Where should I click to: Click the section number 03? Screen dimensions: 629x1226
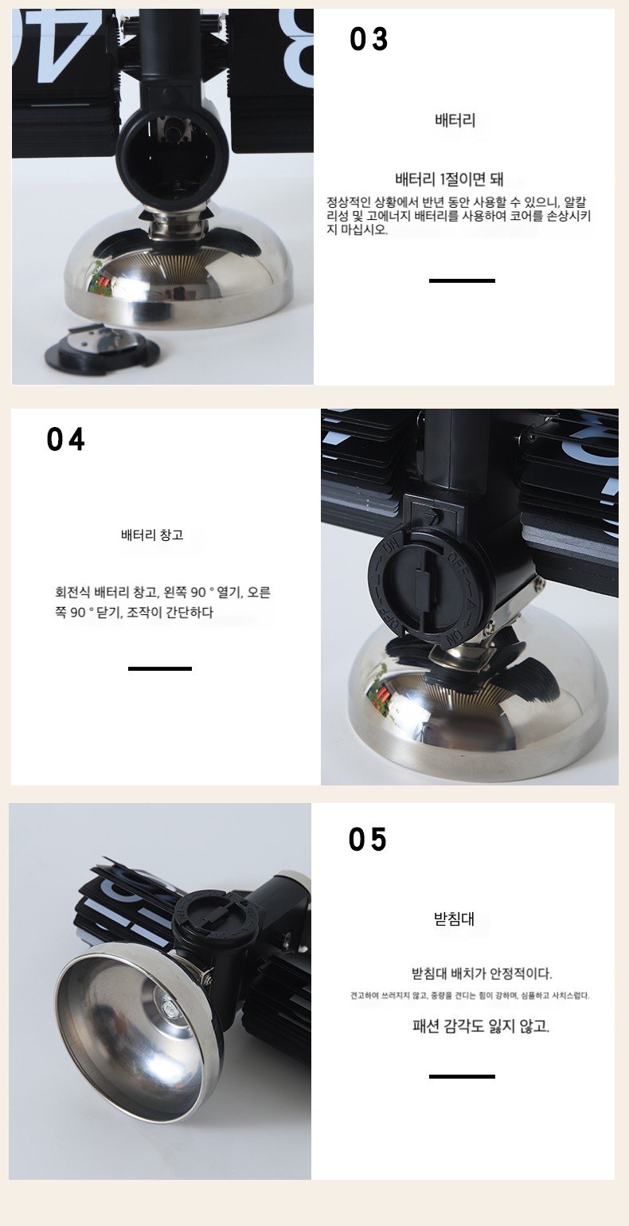point(369,39)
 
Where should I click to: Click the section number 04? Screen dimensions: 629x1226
point(65,440)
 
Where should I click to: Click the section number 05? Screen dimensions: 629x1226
point(368,840)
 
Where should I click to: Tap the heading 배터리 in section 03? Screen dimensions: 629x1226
point(455,119)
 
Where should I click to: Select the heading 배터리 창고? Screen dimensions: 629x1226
point(152,535)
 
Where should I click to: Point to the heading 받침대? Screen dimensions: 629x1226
point(454,919)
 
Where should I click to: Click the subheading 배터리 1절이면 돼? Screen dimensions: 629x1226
point(449,179)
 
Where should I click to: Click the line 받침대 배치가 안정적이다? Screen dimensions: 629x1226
point(482,973)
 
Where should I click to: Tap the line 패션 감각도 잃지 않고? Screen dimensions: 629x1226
point(481,1026)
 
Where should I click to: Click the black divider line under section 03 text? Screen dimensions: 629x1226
point(462,280)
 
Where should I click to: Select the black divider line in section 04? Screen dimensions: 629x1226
point(160,669)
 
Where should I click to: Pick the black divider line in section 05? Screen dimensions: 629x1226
point(462,1076)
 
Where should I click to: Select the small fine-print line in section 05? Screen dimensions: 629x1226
point(470,996)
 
